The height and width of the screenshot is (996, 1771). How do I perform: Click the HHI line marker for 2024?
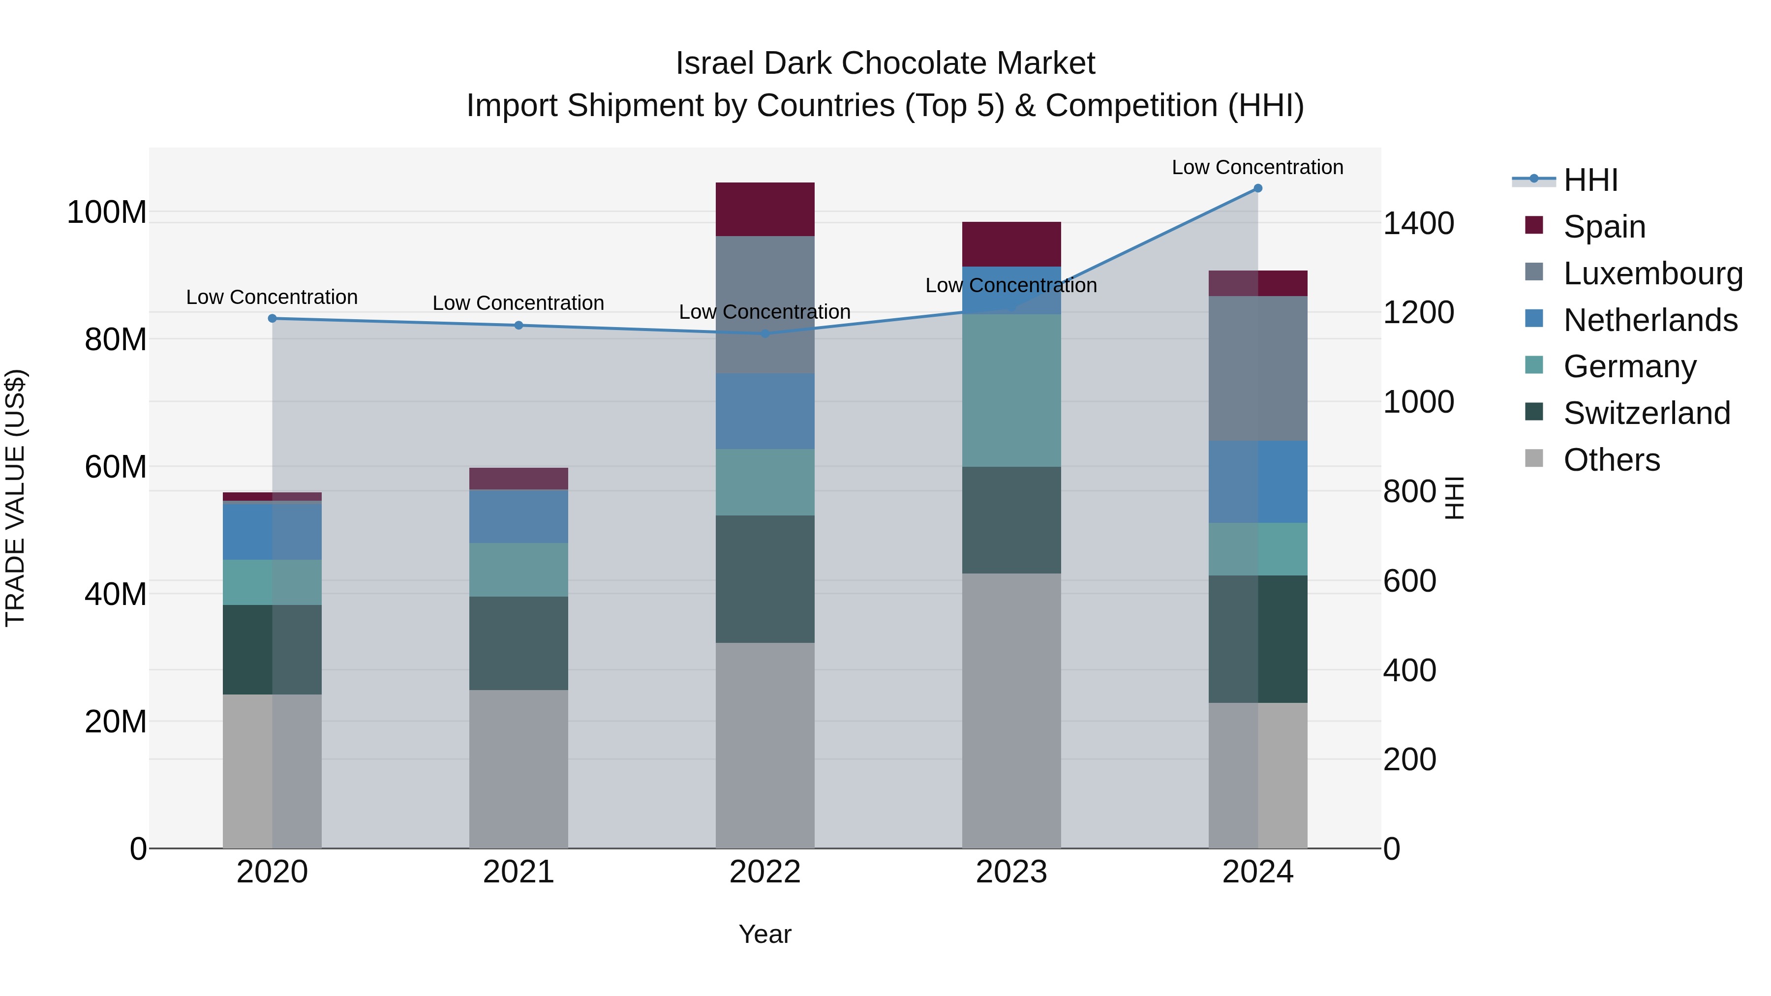coord(1257,188)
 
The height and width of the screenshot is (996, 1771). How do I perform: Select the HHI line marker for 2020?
coord(272,318)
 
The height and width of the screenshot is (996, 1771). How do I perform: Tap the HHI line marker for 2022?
coord(765,333)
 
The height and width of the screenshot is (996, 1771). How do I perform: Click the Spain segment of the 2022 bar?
coord(765,209)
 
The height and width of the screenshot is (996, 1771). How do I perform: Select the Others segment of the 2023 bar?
coord(1011,710)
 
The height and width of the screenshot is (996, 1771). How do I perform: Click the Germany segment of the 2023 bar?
coord(1011,391)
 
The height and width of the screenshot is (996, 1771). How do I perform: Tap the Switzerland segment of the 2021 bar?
coord(519,643)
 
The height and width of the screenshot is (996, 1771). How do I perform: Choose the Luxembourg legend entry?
coord(1653,273)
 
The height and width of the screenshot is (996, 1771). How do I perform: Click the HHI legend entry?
coord(1590,180)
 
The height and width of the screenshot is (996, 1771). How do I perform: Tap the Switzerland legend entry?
coord(1646,413)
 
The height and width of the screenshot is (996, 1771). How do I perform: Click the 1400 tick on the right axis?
coord(1418,223)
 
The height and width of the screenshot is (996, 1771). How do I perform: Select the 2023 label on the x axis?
coord(1011,872)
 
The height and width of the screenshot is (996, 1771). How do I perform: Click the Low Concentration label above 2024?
coord(1257,167)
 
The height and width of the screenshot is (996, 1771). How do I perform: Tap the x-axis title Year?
coord(764,934)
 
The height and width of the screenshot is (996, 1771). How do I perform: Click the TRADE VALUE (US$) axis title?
coord(15,498)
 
